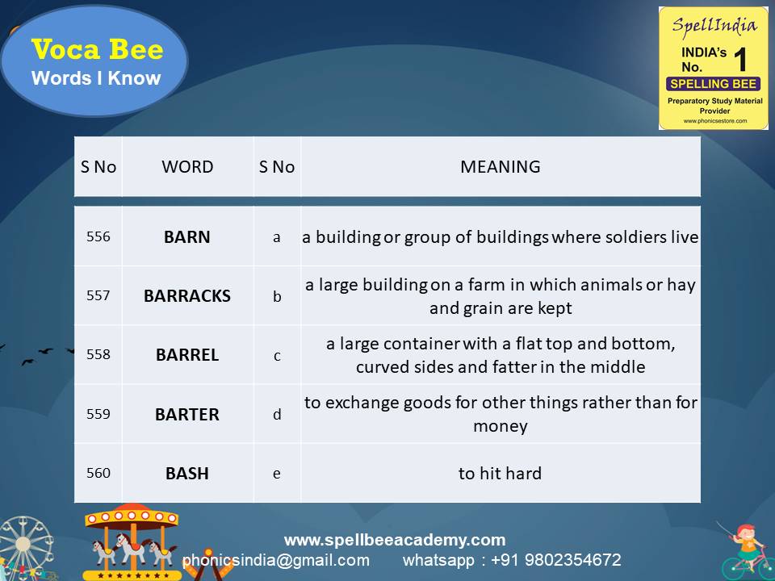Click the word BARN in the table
[x=186, y=237]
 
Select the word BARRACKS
[x=186, y=296]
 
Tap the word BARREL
[x=186, y=355]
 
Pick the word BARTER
[x=186, y=415]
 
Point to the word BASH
[x=186, y=474]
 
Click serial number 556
[x=98, y=237]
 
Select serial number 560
[x=98, y=473]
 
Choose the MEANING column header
[x=500, y=167]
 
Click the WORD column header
[x=187, y=167]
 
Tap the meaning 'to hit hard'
[x=500, y=474]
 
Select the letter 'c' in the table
[x=277, y=355]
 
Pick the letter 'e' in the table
[x=277, y=474]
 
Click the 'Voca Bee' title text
[x=97, y=50]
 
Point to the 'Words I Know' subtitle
[x=96, y=79]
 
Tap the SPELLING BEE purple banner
[x=713, y=84]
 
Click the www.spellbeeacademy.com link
[x=395, y=540]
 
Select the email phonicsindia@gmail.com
[x=276, y=560]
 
